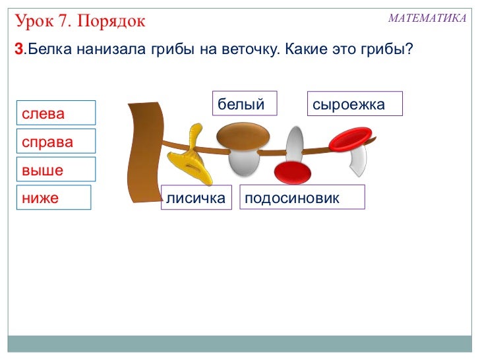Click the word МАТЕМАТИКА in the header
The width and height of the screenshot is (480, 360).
(x=427, y=18)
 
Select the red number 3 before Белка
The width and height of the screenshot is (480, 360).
(x=18, y=50)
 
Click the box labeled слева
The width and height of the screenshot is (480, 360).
(x=56, y=113)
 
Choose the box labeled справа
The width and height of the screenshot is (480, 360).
(x=56, y=141)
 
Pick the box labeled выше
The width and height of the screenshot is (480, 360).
(x=56, y=169)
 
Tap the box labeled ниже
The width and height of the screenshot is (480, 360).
(x=53, y=197)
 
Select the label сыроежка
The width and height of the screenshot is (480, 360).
(x=355, y=104)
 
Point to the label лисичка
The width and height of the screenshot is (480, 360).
(x=196, y=197)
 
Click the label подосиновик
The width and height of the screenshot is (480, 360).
(x=303, y=197)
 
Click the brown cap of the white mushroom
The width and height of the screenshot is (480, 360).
(x=243, y=138)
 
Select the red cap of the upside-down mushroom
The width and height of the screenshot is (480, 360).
(x=292, y=173)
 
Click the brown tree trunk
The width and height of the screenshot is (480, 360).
(x=144, y=152)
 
